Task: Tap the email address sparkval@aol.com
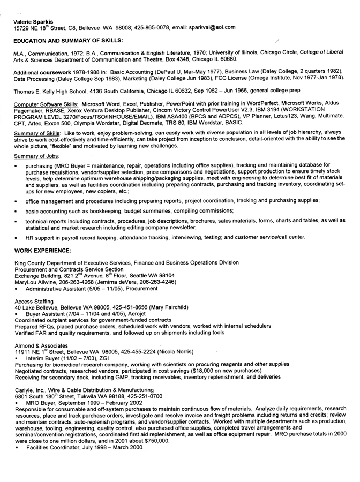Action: tap(214, 27)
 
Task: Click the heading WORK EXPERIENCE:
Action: tap(42, 250)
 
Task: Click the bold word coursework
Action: tap(62, 72)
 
